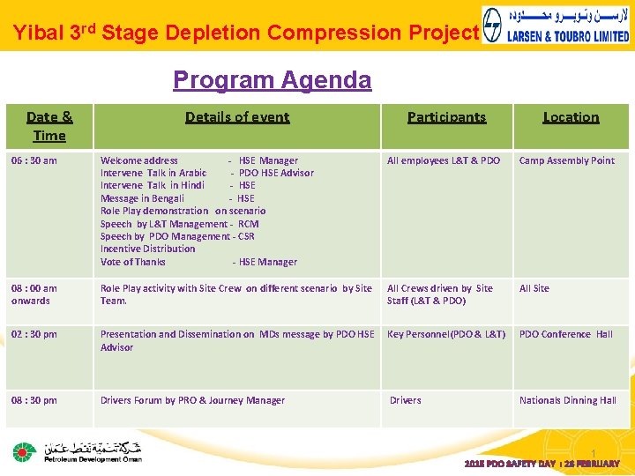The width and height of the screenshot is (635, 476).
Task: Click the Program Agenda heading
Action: [x=272, y=80]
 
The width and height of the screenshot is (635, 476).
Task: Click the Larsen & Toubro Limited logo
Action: [x=557, y=26]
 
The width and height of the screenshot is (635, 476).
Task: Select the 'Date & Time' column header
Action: [x=49, y=126]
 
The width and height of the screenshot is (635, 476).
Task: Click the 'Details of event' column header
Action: [x=237, y=116]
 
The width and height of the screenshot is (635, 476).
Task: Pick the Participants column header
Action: [x=446, y=116]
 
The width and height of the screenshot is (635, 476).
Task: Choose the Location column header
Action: [x=571, y=116]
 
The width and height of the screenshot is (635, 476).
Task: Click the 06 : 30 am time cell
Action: [x=34, y=160]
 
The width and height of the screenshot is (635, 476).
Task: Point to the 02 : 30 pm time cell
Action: [x=34, y=334]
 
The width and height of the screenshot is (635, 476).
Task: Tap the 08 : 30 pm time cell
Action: [x=34, y=400]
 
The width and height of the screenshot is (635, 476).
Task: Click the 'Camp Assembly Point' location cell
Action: [x=566, y=160]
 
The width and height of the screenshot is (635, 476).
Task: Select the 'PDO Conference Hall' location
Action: [x=565, y=334]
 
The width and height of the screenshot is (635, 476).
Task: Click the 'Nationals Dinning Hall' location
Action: [x=567, y=400]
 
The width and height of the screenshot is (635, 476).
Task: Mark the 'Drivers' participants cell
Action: [x=406, y=400]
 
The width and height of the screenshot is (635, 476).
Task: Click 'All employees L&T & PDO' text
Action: [x=444, y=160]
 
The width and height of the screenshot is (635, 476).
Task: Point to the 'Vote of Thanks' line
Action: [x=133, y=262]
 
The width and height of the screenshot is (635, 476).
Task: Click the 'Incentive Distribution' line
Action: [x=147, y=249]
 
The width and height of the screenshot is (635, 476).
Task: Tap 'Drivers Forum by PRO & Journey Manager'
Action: [x=192, y=400]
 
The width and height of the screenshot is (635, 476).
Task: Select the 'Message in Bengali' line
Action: [x=142, y=198]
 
